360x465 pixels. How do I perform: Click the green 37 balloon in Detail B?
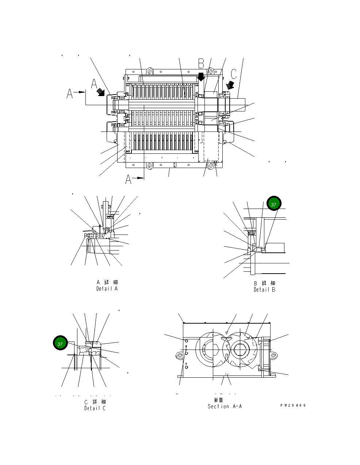pos(273,205)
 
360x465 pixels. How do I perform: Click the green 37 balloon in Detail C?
pos(60,344)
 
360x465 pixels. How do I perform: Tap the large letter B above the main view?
pos(201,64)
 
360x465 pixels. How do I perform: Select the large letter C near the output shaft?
pos(234,73)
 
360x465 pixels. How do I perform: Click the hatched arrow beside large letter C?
pos(230,85)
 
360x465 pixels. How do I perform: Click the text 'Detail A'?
pos(107,289)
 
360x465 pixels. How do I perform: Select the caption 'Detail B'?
pos(264,290)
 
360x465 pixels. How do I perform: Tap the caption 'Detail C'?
pos(95,408)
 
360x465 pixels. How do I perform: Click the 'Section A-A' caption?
pos(225,406)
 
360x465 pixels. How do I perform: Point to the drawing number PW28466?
pos(293,405)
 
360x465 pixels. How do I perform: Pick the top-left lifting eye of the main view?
pos(149,70)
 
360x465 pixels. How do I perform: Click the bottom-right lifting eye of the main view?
pos(211,165)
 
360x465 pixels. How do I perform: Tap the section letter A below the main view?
pos(128,179)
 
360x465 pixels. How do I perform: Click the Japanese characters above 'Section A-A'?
pos(219,400)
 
